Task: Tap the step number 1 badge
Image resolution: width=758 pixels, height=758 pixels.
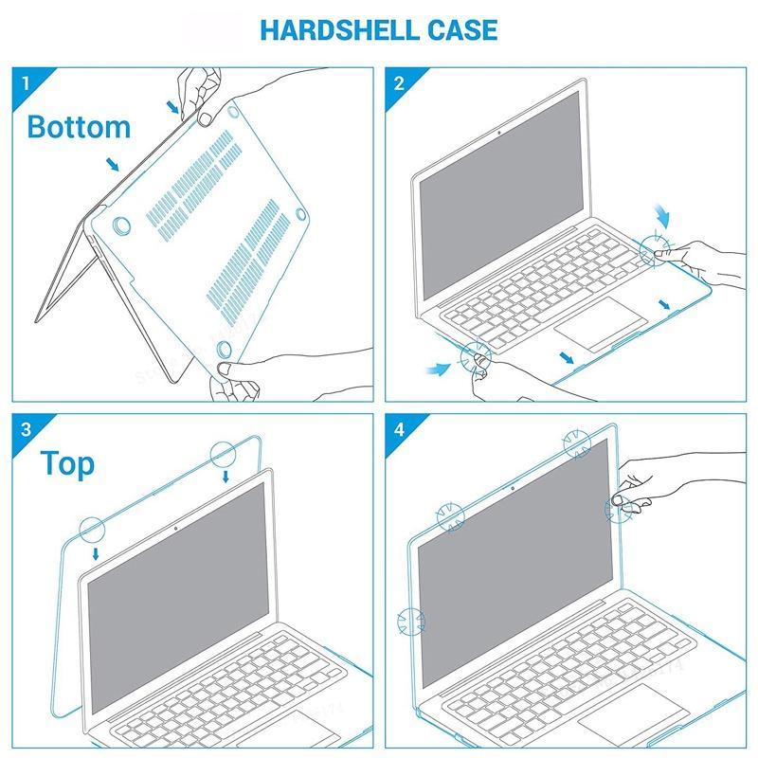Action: tap(25, 82)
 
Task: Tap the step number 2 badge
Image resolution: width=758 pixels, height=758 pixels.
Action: tap(399, 82)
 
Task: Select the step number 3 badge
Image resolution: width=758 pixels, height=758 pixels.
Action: tap(25, 428)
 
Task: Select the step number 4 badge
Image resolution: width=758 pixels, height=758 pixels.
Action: tap(399, 428)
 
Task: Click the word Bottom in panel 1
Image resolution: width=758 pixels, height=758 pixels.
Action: tap(79, 126)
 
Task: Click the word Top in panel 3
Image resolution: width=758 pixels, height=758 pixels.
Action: tap(67, 464)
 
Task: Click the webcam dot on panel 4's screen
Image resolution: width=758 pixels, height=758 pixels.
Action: tap(513, 488)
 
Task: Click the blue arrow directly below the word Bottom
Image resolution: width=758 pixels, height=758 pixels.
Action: tap(113, 165)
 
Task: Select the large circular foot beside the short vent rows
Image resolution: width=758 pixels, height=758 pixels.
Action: tap(122, 226)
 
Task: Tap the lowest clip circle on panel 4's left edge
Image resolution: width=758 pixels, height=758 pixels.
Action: tap(411, 623)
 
